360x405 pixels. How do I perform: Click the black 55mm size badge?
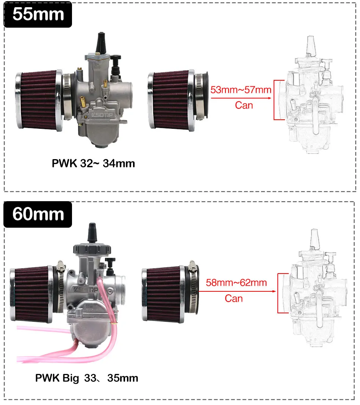point(38,14)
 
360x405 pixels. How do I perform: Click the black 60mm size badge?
point(38,214)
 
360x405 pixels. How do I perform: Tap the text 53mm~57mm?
point(241,90)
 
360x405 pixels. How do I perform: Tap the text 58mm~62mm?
point(236,283)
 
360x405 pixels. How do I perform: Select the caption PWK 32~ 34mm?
point(93,164)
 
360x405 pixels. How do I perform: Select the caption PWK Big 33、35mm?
point(86,378)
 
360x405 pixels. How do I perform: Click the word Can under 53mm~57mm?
point(244,105)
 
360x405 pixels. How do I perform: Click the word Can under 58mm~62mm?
point(234,299)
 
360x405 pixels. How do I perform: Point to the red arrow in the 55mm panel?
point(241,98)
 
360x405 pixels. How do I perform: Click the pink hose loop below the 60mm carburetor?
point(49,352)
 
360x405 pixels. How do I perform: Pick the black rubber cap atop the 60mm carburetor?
point(92,232)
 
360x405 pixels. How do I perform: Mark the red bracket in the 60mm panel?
point(281,293)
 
